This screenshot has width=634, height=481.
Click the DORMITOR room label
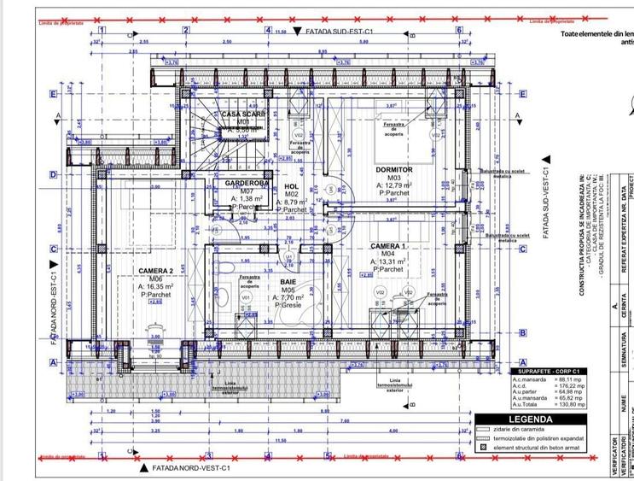pos(393,170)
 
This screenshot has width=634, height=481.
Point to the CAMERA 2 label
pos(156,272)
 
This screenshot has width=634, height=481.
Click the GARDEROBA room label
pos(247,184)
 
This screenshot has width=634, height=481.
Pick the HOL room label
pos(291,186)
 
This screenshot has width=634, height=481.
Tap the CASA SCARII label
pos(243,114)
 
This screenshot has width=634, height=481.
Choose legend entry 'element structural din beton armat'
pos(541,447)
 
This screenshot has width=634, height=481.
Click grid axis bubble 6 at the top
pos(459,29)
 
